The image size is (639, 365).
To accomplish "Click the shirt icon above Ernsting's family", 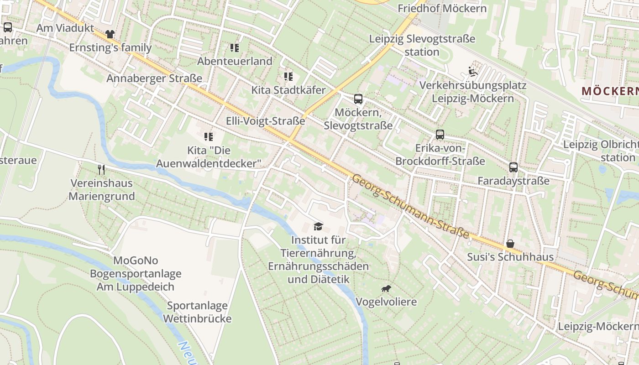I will [x=110, y=34].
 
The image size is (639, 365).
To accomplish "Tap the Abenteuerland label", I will [x=235, y=61].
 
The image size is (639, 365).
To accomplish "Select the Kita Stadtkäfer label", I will [x=288, y=90].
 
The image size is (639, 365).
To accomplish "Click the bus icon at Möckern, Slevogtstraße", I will [x=358, y=99].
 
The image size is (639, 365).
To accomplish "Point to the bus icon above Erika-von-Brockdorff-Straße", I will [x=440, y=135].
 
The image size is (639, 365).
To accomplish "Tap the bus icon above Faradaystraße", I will [x=513, y=167].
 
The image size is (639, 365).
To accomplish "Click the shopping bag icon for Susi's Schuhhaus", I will [x=510, y=244].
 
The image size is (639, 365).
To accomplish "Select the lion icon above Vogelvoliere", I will [x=386, y=288].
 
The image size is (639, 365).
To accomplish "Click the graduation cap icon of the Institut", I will [x=318, y=226].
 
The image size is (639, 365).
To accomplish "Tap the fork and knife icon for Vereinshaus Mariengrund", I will [x=101, y=170].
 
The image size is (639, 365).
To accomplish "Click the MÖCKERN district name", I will [x=610, y=91].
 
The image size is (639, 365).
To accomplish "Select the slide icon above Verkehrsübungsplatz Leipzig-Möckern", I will [x=472, y=72].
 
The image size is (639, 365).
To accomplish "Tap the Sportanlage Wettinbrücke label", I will [x=199, y=312].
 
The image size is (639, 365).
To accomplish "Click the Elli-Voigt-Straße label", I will [x=266, y=121].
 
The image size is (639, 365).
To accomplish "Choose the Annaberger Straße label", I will [x=154, y=78].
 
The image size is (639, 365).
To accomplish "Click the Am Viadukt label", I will [x=65, y=28].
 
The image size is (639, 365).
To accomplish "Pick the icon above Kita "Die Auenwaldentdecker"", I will [x=209, y=136].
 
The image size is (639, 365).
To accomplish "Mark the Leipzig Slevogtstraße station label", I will [x=422, y=45].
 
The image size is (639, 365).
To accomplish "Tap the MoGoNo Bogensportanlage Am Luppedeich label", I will [x=136, y=274].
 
